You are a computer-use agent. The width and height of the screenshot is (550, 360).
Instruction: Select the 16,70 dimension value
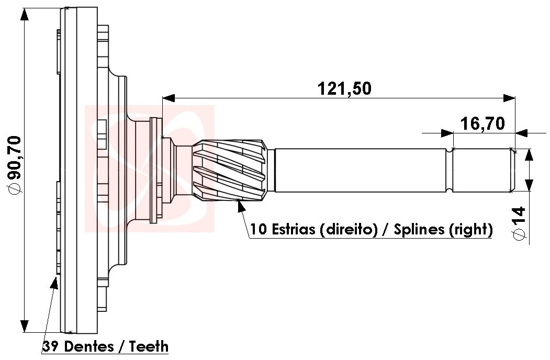pyautogui.click(x=482, y=123)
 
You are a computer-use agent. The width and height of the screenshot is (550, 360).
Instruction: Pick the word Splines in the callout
pyautogui.click(x=419, y=229)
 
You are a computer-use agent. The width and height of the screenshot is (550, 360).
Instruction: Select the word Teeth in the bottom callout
pyautogui.click(x=149, y=346)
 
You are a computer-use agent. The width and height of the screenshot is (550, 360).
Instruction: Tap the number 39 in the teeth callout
pyautogui.click(x=50, y=346)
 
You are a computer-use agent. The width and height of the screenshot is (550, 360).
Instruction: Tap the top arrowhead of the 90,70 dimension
pyautogui.click(x=25, y=15)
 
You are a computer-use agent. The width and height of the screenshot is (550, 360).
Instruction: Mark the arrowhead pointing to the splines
pyautogui.click(x=241, y=206)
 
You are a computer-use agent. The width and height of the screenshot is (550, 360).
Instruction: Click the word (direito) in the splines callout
pyautogui.click(x=347, y=229)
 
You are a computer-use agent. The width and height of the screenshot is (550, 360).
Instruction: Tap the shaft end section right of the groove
pyautogui.click(x=481, y=170)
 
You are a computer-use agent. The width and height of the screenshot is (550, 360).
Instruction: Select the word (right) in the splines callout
pyautogui.click(x=470, y=229)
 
